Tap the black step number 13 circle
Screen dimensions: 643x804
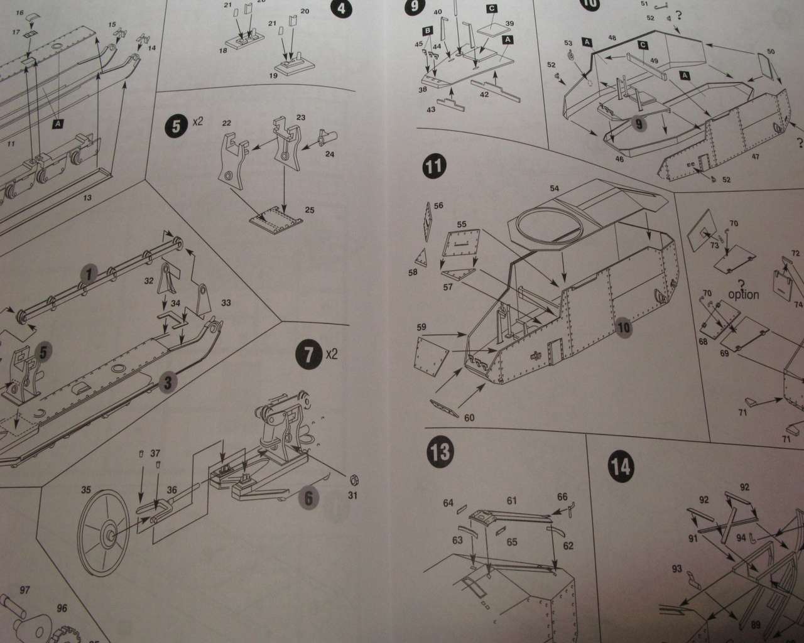pos(442,454)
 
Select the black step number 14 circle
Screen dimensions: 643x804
pos(621,467)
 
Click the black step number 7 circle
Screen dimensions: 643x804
pos(308,355)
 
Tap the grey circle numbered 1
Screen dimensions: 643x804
pos(90,274)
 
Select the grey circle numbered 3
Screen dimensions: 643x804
pos(166,381)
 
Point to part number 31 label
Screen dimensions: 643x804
pos(352,496)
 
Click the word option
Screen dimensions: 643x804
pos(744,294)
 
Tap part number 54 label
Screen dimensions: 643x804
pos(554,188)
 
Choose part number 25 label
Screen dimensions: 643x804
pos(310,210)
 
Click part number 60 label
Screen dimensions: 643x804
pos(469,418)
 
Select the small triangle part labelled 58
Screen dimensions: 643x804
pos(420,257)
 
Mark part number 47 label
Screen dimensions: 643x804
pos(755,156)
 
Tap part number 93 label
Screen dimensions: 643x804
pos(676,569)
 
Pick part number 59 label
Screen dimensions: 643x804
pos(421,327)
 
